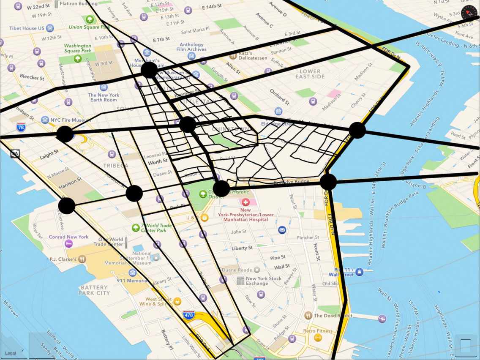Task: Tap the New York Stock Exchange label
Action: tap(263, 281)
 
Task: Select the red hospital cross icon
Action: tap(245, 202)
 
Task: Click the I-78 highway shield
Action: tap(21, 127)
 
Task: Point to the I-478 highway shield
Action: tap(188, 315)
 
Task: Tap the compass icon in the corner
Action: tap(469, 13)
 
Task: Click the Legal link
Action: tap(10, 353)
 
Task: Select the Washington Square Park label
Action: tap(77, 48)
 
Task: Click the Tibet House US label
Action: tap(27, 28)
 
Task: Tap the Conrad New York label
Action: tap(68, 237)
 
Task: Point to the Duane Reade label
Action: tap(237, 270)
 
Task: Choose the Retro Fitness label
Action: tap(318, 331)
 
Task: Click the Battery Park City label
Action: tap(94, 290)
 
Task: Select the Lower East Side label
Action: tap(310, 74)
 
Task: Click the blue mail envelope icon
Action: tap(282, 230)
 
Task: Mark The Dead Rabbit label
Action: tap(333, 316)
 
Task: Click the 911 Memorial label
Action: tap(132, 281)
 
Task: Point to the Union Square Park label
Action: tap(90, 27)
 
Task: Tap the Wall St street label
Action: tap(282, 267)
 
